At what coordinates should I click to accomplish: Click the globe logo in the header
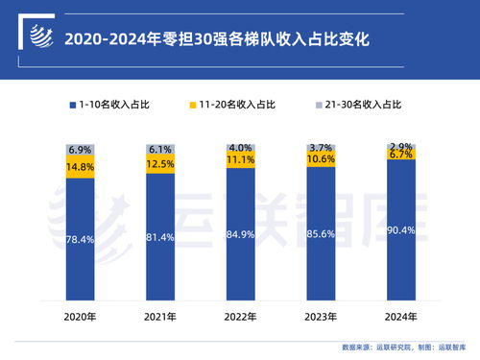click(36, 38)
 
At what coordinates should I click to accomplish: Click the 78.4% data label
click(81, 239)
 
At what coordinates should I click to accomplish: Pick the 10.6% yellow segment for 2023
click(321, 159)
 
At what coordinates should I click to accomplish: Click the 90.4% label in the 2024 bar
click(401, 230)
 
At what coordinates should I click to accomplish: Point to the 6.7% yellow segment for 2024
click(401, 155)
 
